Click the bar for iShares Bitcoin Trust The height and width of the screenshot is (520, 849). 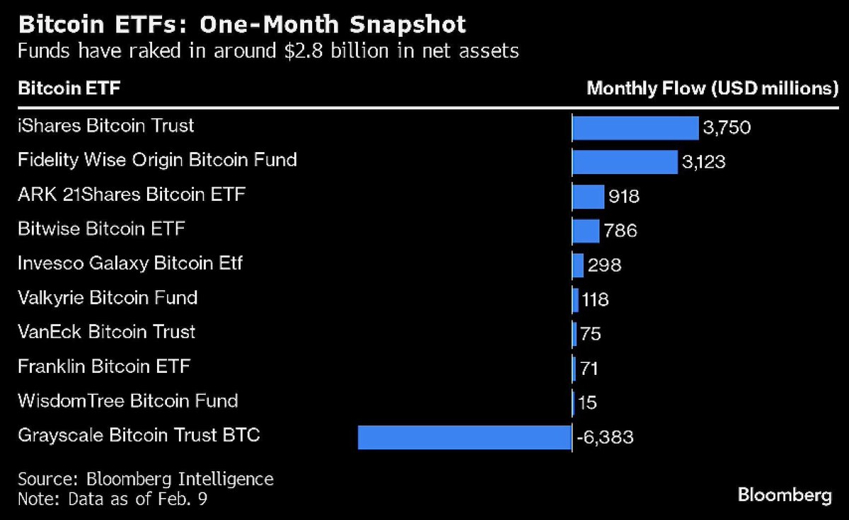coord(635,128)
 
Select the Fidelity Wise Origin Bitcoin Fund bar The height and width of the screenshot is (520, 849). coord(625,162)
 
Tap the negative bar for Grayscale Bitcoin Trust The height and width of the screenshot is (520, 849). coord(465,437)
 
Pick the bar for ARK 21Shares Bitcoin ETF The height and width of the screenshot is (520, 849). coord(588,197)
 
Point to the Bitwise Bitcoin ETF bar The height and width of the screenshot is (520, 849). coord(586,231)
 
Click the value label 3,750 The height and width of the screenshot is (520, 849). coord(727,127)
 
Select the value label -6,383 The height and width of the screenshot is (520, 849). coord(605,437)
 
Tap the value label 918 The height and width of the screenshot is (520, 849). coord(624,197)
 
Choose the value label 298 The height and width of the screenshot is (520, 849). coord(604,265)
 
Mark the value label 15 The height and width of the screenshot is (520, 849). coord(587,403)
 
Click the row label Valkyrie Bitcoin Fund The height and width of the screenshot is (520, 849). coord(108,299)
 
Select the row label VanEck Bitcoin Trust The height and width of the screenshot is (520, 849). coord(107,332)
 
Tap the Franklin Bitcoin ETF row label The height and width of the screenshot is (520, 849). coord(104,366)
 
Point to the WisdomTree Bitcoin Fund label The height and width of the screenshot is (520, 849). coord(128,401)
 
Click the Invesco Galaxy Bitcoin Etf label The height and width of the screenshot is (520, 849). coord(130,263)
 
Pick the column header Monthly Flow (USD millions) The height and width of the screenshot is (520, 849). coord(712,88)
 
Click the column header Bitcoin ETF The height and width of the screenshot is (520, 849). coord(69,88)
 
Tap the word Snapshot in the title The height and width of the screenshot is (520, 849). coord(408,25)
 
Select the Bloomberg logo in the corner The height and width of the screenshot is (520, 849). coord(785,495)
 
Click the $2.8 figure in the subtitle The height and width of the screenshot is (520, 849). coord(304,51)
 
